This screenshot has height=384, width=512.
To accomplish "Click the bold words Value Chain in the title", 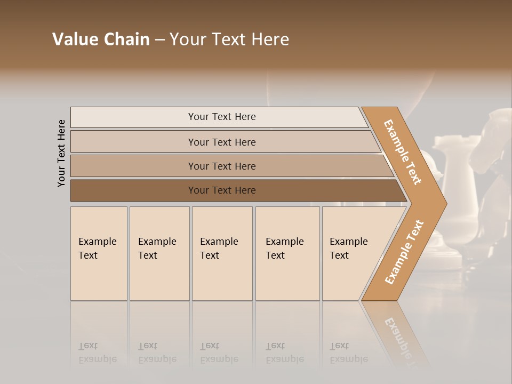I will (101, 39).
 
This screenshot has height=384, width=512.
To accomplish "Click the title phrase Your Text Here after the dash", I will (229, 39).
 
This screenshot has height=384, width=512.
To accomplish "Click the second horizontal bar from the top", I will (221, 142).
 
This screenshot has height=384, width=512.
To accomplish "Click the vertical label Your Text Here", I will (61, 153).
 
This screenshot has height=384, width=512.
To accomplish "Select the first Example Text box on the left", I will (99, 253).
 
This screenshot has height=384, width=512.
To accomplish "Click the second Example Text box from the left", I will (159, 253).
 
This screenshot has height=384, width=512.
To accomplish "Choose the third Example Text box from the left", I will (222, 253).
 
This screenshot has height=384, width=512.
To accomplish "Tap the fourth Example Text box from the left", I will (287, 253).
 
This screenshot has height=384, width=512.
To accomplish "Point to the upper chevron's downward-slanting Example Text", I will (403, 152).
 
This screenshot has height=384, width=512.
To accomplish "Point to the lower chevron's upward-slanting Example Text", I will (404, 252).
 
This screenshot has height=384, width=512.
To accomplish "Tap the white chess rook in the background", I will (453, 176).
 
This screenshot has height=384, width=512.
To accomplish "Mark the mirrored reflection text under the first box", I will (98, 353).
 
